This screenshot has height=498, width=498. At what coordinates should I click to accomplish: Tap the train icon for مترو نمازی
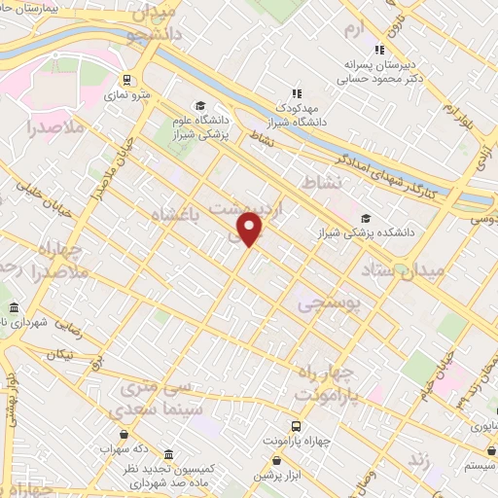click(x=126, y=81)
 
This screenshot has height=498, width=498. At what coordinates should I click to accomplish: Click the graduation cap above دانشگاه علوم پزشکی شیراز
click(x=200, y=107)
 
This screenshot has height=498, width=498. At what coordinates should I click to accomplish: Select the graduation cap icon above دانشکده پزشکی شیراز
click(x=366, y=218)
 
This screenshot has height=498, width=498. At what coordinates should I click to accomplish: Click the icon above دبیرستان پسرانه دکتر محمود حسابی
click(x=379, y=50)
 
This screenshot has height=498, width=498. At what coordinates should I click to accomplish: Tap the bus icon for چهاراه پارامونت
click(x=297, y=426)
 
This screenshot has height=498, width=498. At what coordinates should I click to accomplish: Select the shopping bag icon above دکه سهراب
click(x=124, y=435)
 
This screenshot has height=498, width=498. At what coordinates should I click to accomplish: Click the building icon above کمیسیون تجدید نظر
click(x=169, y=454)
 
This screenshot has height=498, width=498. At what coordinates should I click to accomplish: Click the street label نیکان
click(x=58, y=356)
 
